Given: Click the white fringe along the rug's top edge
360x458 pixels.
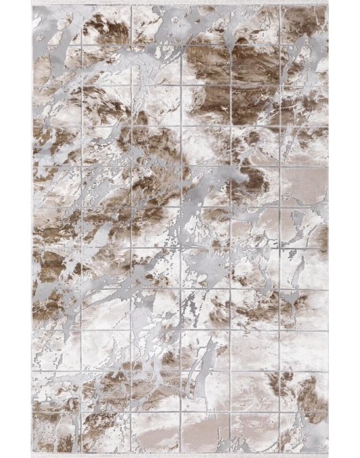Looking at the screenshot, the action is pos(181,3).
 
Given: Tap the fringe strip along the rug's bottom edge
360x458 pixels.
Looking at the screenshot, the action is pos(181,454).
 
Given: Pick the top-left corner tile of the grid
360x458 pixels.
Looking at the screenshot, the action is pos(56,25).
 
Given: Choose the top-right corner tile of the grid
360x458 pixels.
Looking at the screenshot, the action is pos(304,25).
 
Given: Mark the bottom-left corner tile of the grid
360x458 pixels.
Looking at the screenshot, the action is pos(56,432).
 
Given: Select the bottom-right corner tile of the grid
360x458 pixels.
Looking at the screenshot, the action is pos(304,432).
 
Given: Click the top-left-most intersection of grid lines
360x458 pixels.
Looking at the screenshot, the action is pos(82,45).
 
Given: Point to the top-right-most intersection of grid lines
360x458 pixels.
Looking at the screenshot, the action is pos(280,45).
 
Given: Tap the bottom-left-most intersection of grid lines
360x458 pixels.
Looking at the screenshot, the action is pos(82,413).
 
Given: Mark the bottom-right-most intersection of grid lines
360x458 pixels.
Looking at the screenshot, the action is pos(280,413).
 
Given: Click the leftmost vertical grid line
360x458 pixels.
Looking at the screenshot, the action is pos(82,229).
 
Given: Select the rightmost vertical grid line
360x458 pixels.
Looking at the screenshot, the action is pos(280,229).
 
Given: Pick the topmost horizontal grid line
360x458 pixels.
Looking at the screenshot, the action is pos(181,45).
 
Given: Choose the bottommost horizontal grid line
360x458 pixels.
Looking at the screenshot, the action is pos(181,413).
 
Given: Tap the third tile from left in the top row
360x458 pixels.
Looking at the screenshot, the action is pos(156,25).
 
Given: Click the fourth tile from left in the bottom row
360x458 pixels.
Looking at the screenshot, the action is pos(206,432).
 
